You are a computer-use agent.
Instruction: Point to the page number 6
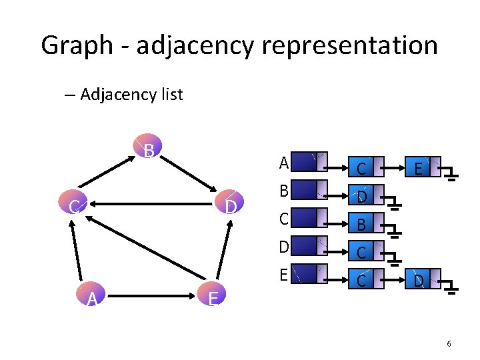tap(449, 343)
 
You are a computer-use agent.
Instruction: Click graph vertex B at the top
tap(149, 151)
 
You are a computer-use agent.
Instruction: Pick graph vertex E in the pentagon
tap(213, 298)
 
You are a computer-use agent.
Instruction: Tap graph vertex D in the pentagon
tap(230, 207)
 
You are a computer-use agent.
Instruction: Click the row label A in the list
tap(284, 163)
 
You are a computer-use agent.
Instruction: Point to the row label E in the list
tap(284, 274)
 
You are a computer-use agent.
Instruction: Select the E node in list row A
tap(417, 169)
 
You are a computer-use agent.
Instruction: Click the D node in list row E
tap(418, 281)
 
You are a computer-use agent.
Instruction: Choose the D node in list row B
tap(361, 197)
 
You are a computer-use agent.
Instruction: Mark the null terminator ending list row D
tap(395, 258)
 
